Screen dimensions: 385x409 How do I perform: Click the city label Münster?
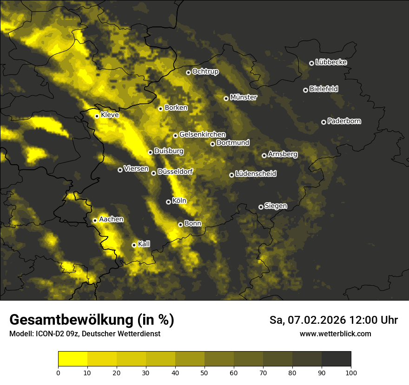243,97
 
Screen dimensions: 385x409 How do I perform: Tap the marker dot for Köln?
168,202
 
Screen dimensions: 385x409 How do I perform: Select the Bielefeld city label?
323,89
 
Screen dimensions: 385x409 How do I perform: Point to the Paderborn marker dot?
323,122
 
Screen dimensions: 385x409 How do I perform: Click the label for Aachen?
111,219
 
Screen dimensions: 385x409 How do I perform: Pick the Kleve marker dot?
97,116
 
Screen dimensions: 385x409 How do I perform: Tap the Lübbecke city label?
331,62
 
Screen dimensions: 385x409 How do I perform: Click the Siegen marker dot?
261,207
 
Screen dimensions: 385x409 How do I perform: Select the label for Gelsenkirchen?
202,135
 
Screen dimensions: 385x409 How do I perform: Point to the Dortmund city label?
233,143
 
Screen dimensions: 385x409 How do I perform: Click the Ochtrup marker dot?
188,72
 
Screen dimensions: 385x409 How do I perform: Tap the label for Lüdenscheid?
256,174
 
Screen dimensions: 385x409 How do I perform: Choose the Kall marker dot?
134,245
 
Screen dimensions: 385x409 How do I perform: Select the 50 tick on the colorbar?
204,372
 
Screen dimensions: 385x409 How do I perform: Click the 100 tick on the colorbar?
351,372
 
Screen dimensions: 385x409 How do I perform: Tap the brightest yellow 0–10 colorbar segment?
73,359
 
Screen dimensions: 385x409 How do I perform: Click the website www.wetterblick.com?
335,334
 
